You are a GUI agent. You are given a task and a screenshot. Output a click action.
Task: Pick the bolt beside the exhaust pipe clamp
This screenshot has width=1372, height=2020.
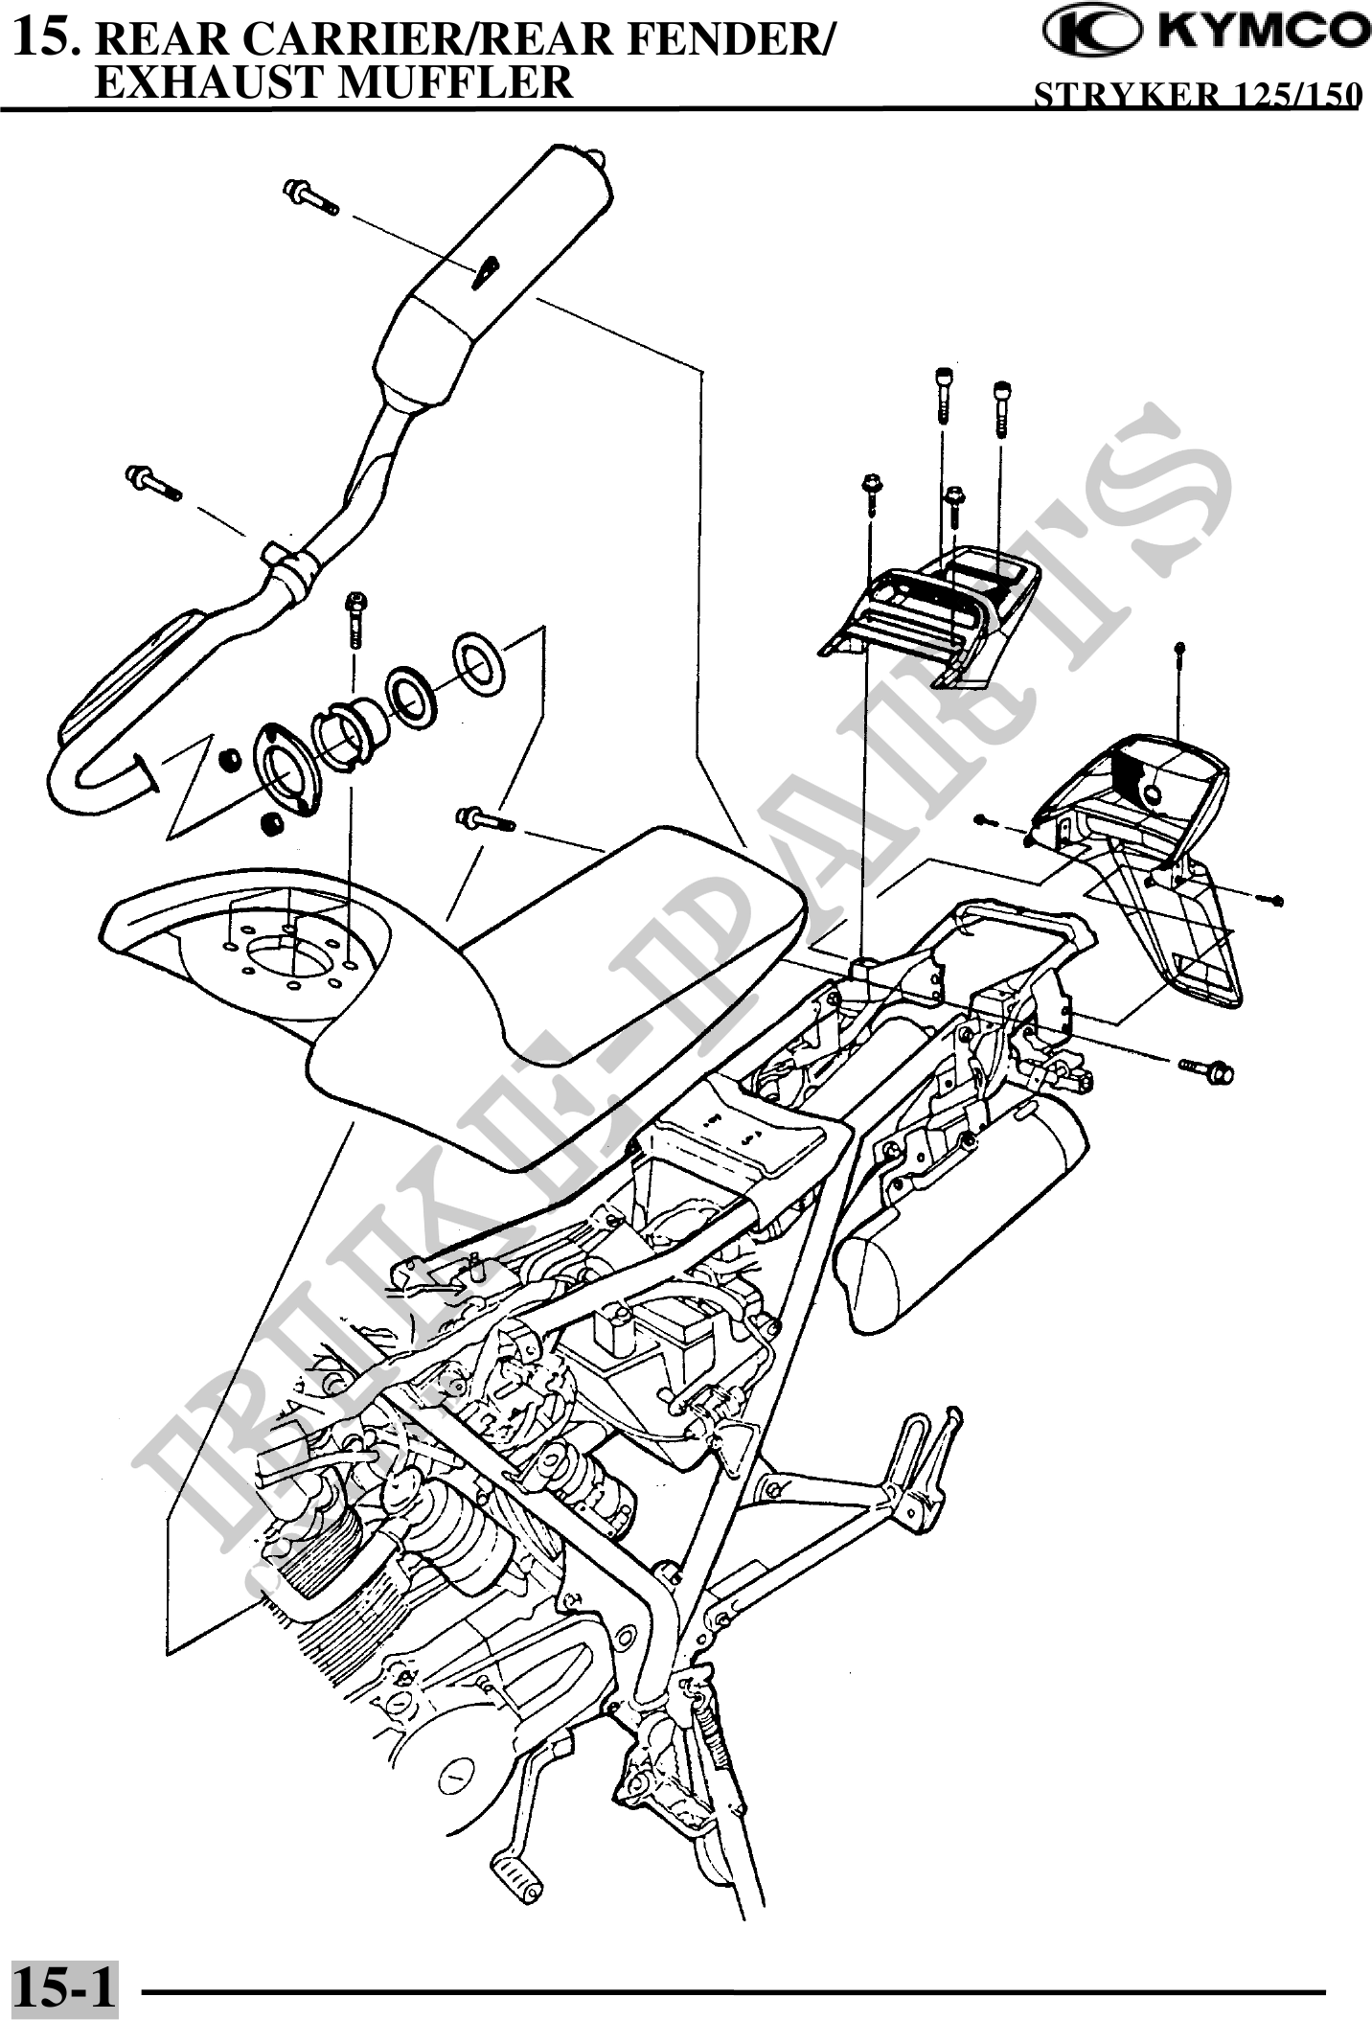152,481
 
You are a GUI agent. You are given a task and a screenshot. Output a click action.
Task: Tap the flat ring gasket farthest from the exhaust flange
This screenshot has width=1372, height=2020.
480,660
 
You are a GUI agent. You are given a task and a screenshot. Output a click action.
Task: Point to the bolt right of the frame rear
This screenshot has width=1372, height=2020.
1206,1069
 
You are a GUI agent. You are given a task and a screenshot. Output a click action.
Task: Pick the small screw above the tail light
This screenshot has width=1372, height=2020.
1180,653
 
